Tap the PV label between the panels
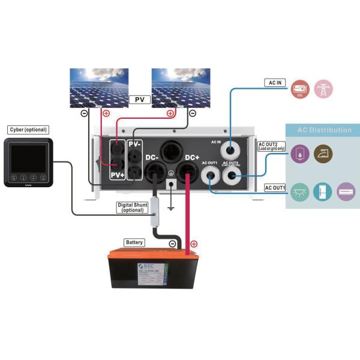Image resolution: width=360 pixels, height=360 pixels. click(139, 99)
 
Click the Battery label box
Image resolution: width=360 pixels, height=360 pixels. click(134, 242)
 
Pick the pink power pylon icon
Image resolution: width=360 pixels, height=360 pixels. click(324, 89)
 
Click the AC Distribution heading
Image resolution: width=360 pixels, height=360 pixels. click(325, 130)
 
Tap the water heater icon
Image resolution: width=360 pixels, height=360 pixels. click(299, 154)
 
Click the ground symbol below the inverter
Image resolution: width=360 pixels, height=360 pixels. click(171, 206)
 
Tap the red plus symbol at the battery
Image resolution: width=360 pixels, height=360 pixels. click(194, 244)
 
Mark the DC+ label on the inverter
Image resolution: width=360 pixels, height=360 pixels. click(193, 157)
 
